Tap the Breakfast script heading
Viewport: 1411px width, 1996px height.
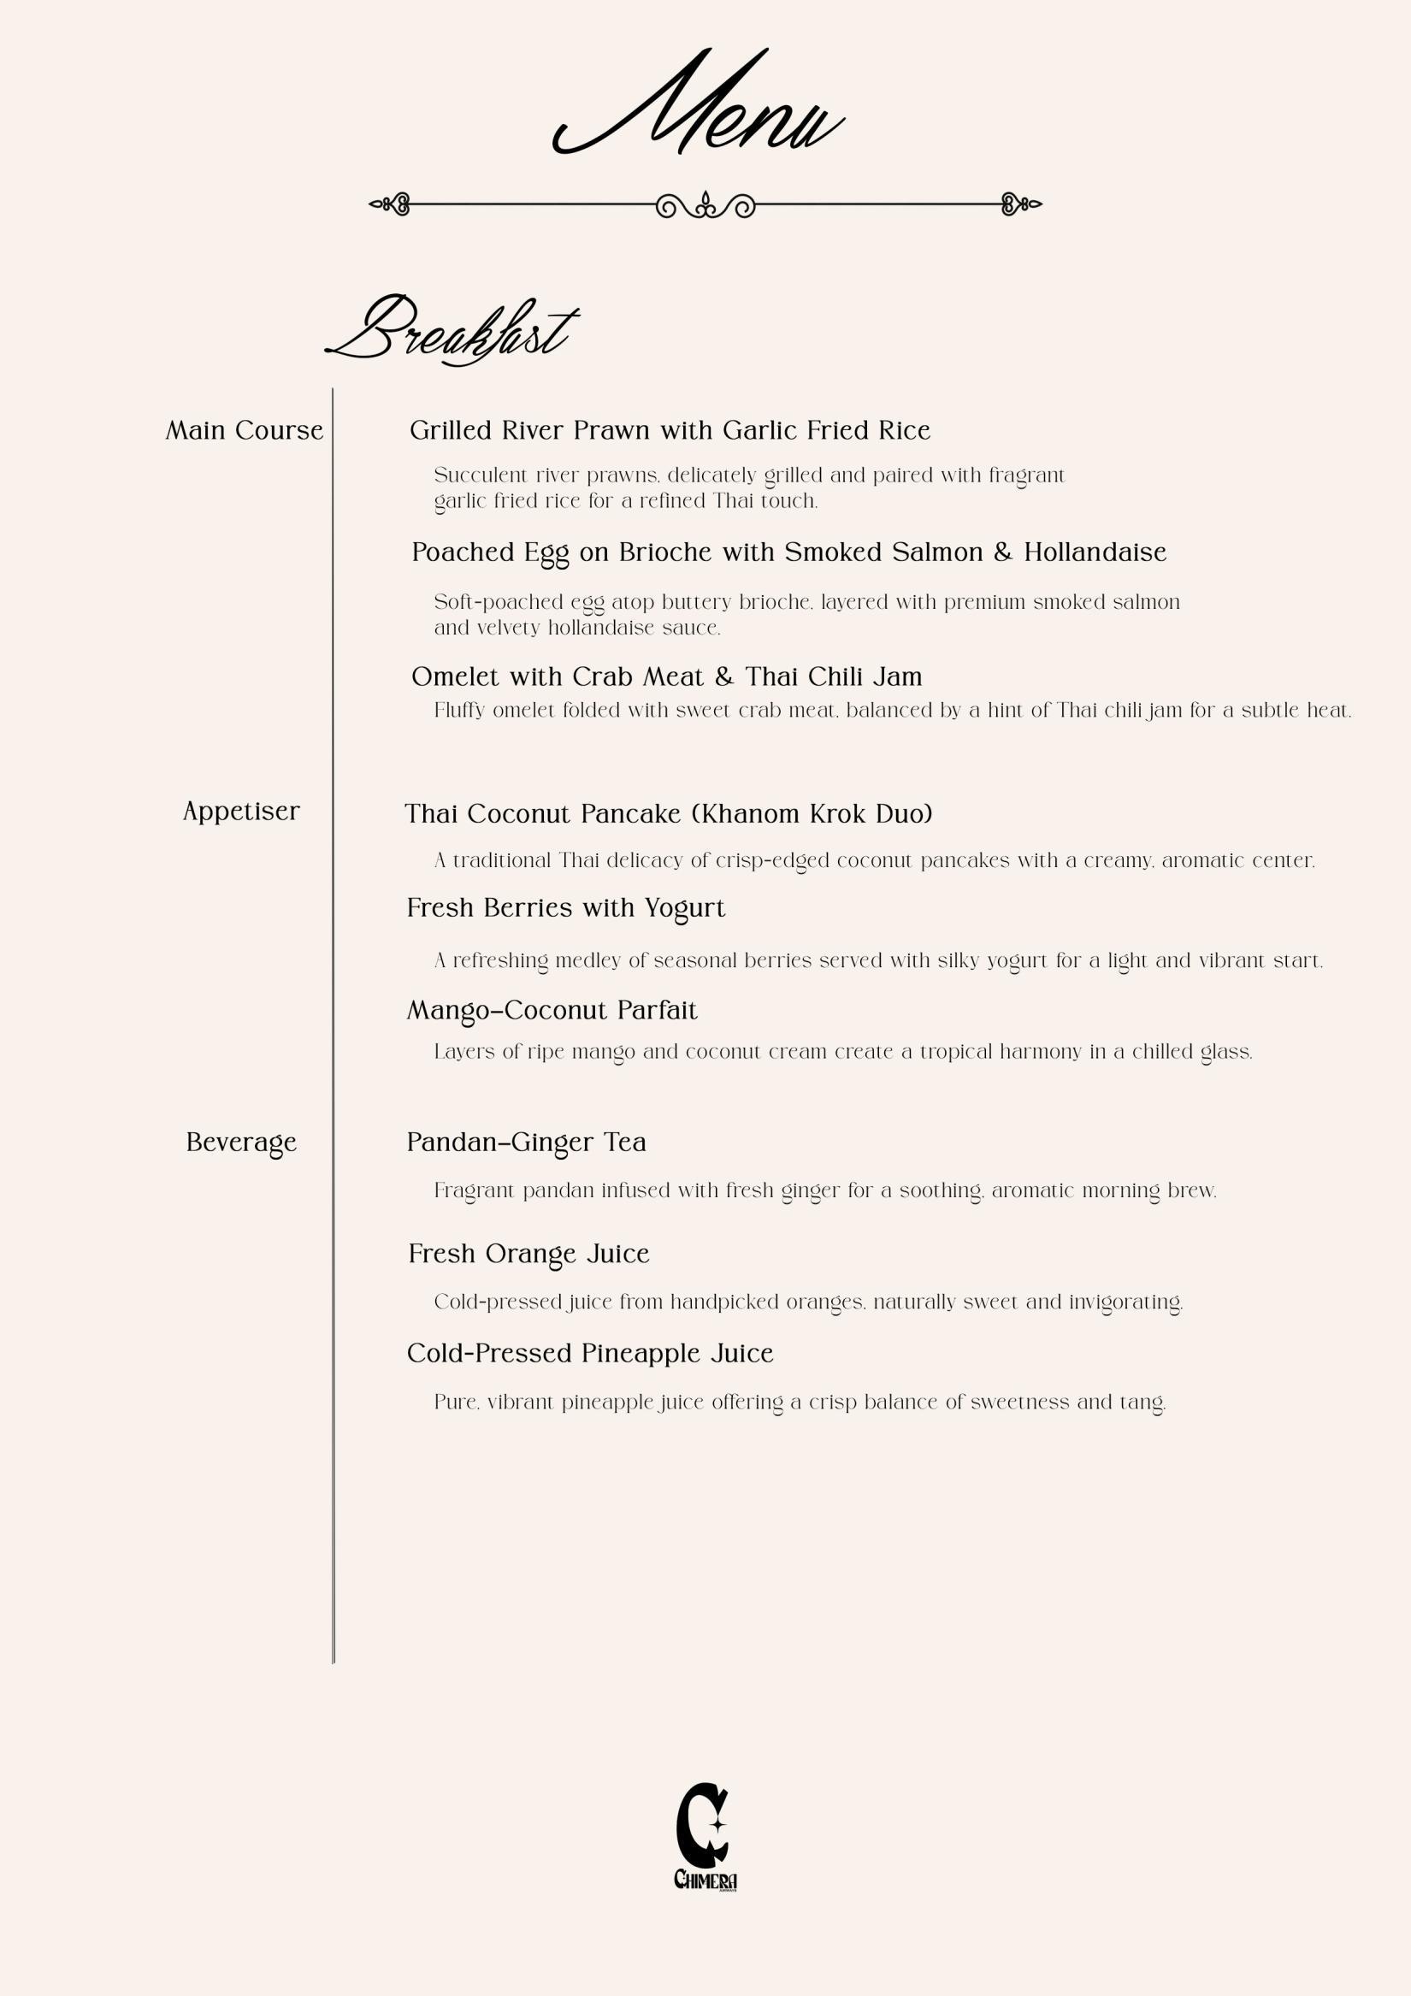[x=451, y=331]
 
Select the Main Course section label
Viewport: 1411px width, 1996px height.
[x=245, y=431]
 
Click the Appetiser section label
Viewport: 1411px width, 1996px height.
[x=241, y=812]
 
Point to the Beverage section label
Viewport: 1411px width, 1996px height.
[x=241, y=1143]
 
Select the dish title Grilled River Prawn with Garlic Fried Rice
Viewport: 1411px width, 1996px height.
[x=670, y=431]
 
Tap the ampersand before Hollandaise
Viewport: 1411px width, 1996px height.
[x=1003, y=553]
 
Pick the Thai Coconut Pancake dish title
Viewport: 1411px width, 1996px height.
[x=668, y=815]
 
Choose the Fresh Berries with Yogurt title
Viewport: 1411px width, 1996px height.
[x=565, y=908]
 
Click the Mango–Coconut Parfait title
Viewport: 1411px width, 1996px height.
[x=552, y=1011]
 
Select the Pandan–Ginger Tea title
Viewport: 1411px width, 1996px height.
[x=526, y=1143]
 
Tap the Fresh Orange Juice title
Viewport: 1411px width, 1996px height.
[x=528, y=1255]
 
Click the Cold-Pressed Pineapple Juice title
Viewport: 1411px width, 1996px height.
[x=589, y=1354]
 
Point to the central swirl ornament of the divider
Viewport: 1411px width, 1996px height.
[x=705, y=205]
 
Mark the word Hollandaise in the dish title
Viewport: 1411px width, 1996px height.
[x=1095, y=553]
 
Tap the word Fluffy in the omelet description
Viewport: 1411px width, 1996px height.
[x=459, y=712]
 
